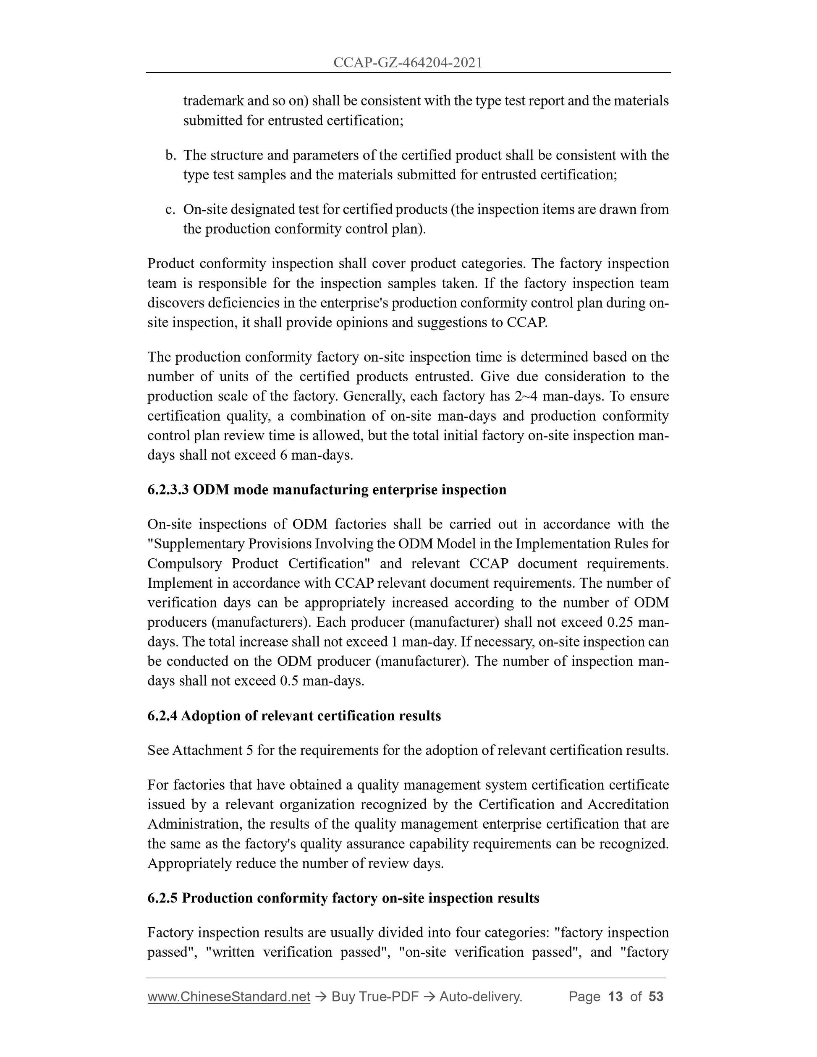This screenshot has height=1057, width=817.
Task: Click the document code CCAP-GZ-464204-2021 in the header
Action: pyautogui.click(x=408, y=63)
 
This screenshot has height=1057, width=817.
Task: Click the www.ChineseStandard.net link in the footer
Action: pyautogui.click(x=228, y=997)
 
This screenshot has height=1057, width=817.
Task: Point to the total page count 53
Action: pyautogui.click(x=656, y=997)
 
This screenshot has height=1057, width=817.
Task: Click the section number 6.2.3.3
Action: pyautogui.click(x=168, y=490)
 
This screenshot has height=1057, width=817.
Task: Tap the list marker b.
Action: pyautogui.click(x=170, y=155)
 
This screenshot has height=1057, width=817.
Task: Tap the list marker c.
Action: pyautogui.click(x=170, y=209)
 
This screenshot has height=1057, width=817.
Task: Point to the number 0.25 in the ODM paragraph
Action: pyautogui.click(x=621, y=623)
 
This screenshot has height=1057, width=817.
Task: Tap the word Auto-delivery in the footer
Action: pyautogui.click(x=480, y=997)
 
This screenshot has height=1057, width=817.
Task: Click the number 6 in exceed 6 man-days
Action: pyautogui.click(x=284, y=455)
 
